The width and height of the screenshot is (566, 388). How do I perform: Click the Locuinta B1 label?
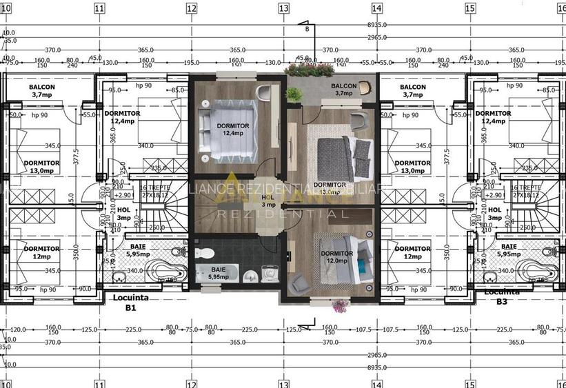[131, 303]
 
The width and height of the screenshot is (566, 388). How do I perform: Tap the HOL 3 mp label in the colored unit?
[269, 201]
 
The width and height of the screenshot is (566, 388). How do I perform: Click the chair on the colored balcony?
[365, 87]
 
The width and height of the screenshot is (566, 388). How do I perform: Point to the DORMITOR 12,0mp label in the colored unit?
[337, 256]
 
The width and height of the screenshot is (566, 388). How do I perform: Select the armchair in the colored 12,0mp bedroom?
[300, 283]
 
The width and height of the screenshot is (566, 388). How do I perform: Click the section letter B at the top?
[307, 28]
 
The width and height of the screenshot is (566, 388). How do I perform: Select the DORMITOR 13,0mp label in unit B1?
[41, 166]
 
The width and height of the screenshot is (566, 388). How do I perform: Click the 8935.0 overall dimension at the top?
[376, 23]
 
